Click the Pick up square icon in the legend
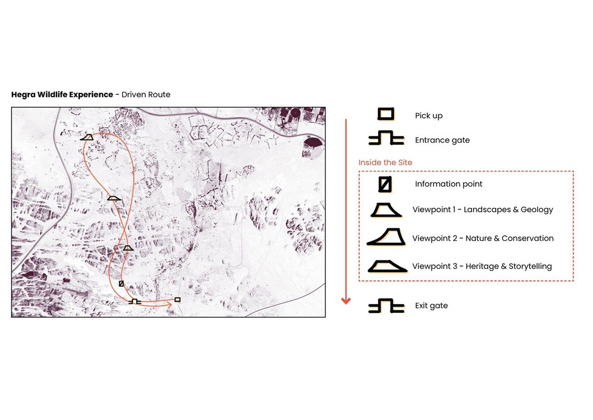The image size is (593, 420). coord(386,114)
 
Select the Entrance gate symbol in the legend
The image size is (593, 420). coord(386,138)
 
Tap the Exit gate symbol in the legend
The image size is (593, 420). coord(386,306)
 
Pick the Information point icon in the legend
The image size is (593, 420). coord(385,184)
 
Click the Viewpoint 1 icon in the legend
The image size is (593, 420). coord(386,210)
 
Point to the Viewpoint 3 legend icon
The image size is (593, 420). coord(387,266)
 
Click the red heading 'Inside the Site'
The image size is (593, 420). coord(385,162)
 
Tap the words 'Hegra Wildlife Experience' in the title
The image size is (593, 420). coord(62,94)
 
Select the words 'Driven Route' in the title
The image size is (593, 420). coord(146,94)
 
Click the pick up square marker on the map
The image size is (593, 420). coord(177,299)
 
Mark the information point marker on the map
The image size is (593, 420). coord(121,283)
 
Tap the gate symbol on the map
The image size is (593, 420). coord(135,302)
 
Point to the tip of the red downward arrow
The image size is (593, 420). coord(346,304)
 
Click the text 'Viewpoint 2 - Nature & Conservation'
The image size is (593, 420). coord(483,238)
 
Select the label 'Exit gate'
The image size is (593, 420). coord(431,306)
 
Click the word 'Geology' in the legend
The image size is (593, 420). coord(537,210)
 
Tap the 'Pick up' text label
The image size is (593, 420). coord(428,116)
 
